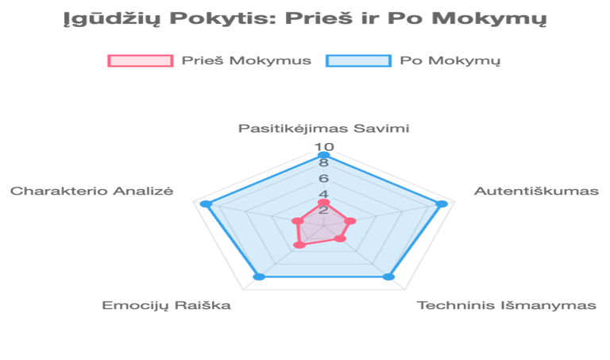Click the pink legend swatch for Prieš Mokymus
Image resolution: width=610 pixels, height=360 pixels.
[x=140, y=60]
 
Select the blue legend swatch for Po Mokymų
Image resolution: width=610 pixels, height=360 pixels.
[x=359, y=60]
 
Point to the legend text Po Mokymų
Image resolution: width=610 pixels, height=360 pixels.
[x=450, y=60]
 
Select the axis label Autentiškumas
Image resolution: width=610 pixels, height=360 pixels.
[x=536, y=191]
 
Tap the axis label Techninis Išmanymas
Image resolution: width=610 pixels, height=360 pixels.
[x=507, y=305]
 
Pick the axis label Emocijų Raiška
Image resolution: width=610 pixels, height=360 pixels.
[x=167, y=305]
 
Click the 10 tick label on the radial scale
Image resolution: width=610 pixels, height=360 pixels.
[x=324, y=147]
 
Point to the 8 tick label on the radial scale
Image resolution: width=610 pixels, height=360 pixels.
[x=324, y=163]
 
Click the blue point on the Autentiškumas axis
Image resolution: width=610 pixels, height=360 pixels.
[x=442, y=205]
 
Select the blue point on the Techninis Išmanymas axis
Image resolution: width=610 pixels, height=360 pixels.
[x=388, y=276]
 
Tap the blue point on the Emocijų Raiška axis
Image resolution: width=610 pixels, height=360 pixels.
[x=257, y=276]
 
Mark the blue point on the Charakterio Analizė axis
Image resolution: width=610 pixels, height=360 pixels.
[x=204, y=205]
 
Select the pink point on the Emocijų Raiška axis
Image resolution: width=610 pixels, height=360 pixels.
[x=299, y=245]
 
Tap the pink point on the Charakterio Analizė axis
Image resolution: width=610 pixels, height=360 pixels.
[x=296, y=220]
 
